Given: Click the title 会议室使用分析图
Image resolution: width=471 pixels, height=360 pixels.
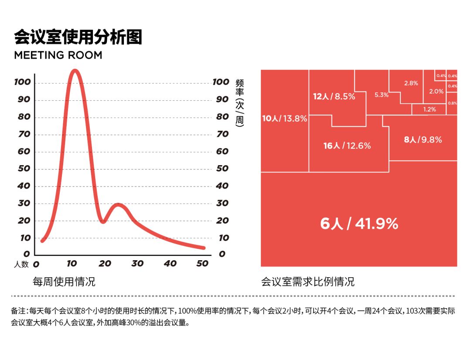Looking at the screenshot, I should tap(78, 37).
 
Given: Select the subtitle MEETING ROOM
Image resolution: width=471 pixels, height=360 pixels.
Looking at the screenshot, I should tap(58, 55).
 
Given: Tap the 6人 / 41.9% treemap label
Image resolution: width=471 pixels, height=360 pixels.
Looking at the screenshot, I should tap(359, 224).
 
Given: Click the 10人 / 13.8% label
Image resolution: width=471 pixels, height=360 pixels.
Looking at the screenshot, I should tap(284, 119).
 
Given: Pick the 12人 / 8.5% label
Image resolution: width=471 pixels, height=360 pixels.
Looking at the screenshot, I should tap(334, 97).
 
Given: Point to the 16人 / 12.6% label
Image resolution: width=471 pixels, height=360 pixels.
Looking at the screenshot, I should tap(347, 146).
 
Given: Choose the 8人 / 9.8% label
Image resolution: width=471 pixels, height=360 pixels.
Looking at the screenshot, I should tap(423, 140).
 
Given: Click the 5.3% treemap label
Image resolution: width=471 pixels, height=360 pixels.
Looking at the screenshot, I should tap(382, 95).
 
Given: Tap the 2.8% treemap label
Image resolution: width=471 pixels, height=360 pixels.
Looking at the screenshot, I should tap(411, 83).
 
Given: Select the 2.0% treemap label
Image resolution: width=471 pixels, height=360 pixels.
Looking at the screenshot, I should tap(436, 92).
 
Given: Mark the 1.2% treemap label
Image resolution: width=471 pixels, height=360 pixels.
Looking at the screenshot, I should tap(430, 109).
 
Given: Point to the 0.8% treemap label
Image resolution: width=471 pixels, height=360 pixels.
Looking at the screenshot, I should tap(452, 103).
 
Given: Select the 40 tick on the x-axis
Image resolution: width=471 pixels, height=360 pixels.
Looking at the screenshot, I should tap(171, 264).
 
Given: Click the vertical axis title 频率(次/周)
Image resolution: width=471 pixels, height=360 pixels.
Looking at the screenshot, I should tap(239, 103).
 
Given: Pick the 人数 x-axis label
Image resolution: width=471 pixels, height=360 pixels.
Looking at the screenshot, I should tap(21, 264).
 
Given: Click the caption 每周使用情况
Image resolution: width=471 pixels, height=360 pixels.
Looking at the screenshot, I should tap(64, 282).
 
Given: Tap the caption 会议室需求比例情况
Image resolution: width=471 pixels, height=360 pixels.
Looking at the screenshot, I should tap(308, 282).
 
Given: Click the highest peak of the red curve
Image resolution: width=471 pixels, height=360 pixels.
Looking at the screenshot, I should tap(75, 71).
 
